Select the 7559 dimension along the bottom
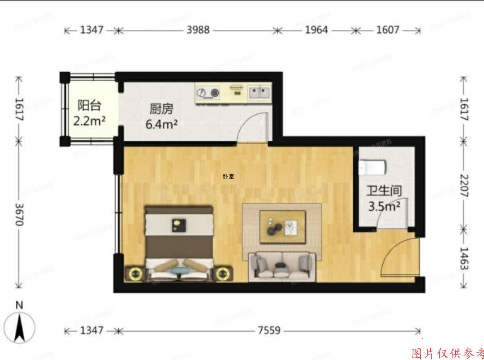(x=269, y=330)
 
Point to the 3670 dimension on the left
(x=18, y=214)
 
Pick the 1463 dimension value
(x=464, y=258)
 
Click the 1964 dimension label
(x=316, y=30)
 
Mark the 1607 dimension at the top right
(x=388, y=30)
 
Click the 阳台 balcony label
(x=90, y=105)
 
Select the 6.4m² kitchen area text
(x=160, y=124)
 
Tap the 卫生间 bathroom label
(x=384, y=191)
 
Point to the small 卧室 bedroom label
(x=228, y=176)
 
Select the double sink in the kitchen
(x=259, y=93)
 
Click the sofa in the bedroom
(x=282, y=265)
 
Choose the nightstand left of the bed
(x=134, y=273)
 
